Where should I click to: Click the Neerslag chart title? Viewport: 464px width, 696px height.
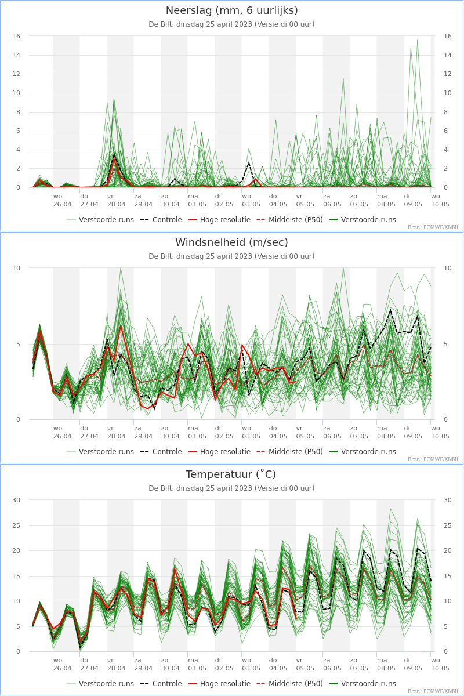(x=231, y=10)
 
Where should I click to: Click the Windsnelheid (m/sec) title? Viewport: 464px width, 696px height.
(x=231, y=242)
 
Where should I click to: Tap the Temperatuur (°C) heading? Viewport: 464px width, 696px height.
(x=231, y=474)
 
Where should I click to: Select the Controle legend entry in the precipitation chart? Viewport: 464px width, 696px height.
(x=161, y=220)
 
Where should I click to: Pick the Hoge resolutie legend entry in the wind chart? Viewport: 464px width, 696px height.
(x=219, y=451)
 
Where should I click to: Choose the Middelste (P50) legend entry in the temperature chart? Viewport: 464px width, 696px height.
(x=289, y=684)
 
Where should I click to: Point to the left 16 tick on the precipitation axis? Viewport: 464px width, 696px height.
(x=16, y=36)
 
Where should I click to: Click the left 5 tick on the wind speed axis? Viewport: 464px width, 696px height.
(x=18, y=344)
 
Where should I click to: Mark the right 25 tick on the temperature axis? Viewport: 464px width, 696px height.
(x=448, y=525)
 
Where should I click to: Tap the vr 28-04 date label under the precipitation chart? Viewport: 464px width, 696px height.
(x=116, y=201)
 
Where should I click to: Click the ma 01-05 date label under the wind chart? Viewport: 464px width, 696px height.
(x=197, y=432)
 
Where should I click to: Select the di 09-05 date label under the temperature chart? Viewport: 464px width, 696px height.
(x=413, y=664)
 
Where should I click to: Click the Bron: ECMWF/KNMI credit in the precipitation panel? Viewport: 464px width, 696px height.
(x=433, y=227)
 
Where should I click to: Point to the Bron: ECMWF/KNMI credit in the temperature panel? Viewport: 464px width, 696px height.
(x=433, y=691)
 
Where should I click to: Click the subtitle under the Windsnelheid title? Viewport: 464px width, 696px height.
(x=231, y=256)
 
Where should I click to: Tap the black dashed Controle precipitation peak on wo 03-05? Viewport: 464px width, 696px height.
(x=249, y=162)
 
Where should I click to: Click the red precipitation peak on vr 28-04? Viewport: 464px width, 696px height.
(x=114, y=159)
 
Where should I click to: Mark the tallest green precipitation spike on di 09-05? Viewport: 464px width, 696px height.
(x=418, y=40)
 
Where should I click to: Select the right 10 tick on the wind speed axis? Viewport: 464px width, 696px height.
(x=448, y=268)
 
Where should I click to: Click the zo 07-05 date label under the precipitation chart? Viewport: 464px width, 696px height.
(x=359, y=201)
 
